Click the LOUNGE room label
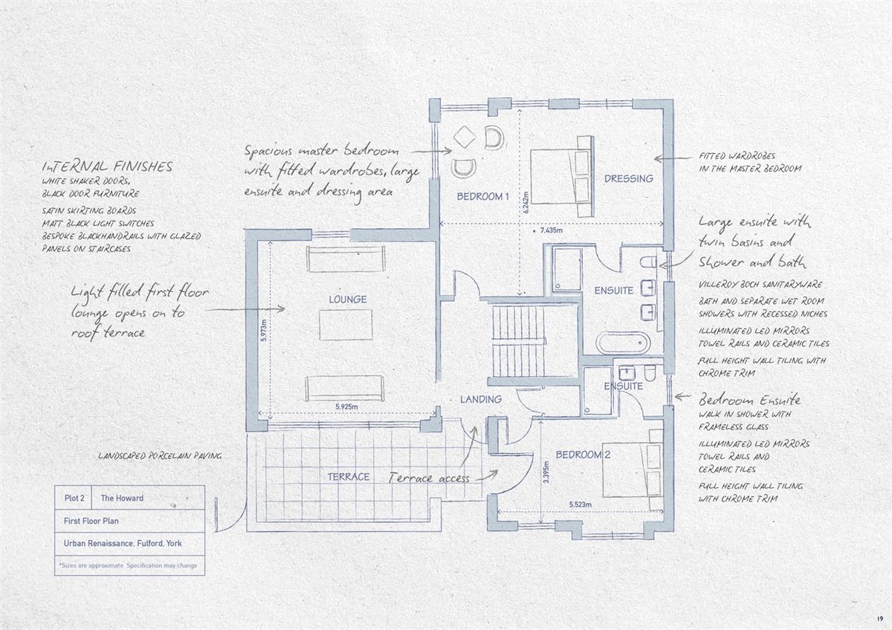(348, 299)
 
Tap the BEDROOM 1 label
(483, 196)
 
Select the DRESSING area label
(629, 179)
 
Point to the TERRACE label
(349, 477)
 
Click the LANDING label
(481, 399)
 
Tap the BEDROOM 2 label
(583, 455)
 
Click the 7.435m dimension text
(552, 230)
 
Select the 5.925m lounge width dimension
(346, 406)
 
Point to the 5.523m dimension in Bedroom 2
(581, 504)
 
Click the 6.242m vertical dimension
(526, 203)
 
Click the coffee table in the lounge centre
(346, 325)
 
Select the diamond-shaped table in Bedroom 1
(465, 137)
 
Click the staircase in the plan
(519, 342)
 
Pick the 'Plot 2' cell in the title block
(74, 499)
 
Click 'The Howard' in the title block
(122, 499)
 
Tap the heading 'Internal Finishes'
(108, 166)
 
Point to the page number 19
(879, 618)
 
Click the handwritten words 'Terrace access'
(429, 478)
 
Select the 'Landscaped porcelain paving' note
(160, 455)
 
